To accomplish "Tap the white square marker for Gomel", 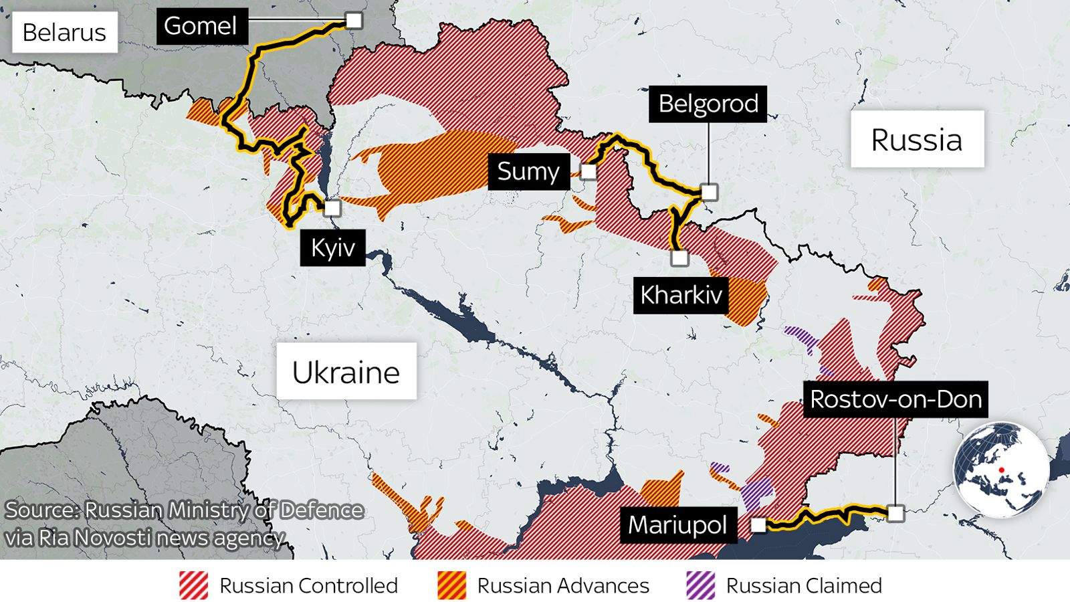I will pos(354,20).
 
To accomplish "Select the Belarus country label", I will pos(64,32).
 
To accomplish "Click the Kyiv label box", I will pos(332,247).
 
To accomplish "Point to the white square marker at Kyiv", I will pos(332,208).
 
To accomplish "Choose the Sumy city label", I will pos(528,171).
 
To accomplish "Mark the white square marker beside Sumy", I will pos(588,172).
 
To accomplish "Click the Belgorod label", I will pos(708,104).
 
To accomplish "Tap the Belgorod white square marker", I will pos(709,192).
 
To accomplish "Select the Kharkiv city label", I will pos(681,294).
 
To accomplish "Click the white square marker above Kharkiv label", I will pos(679,258).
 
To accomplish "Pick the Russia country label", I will pos(917,139).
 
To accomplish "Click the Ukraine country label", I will pos(346,372).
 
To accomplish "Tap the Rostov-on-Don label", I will pos(895,399).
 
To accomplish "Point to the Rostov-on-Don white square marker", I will pos(895,513).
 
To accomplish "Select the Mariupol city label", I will pos(677,525).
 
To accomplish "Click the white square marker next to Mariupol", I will pos(758,525).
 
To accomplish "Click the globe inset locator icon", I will pos(1001,469).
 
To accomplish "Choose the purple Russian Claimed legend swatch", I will pos(700,585).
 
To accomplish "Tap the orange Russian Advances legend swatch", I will pos(451,585).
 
